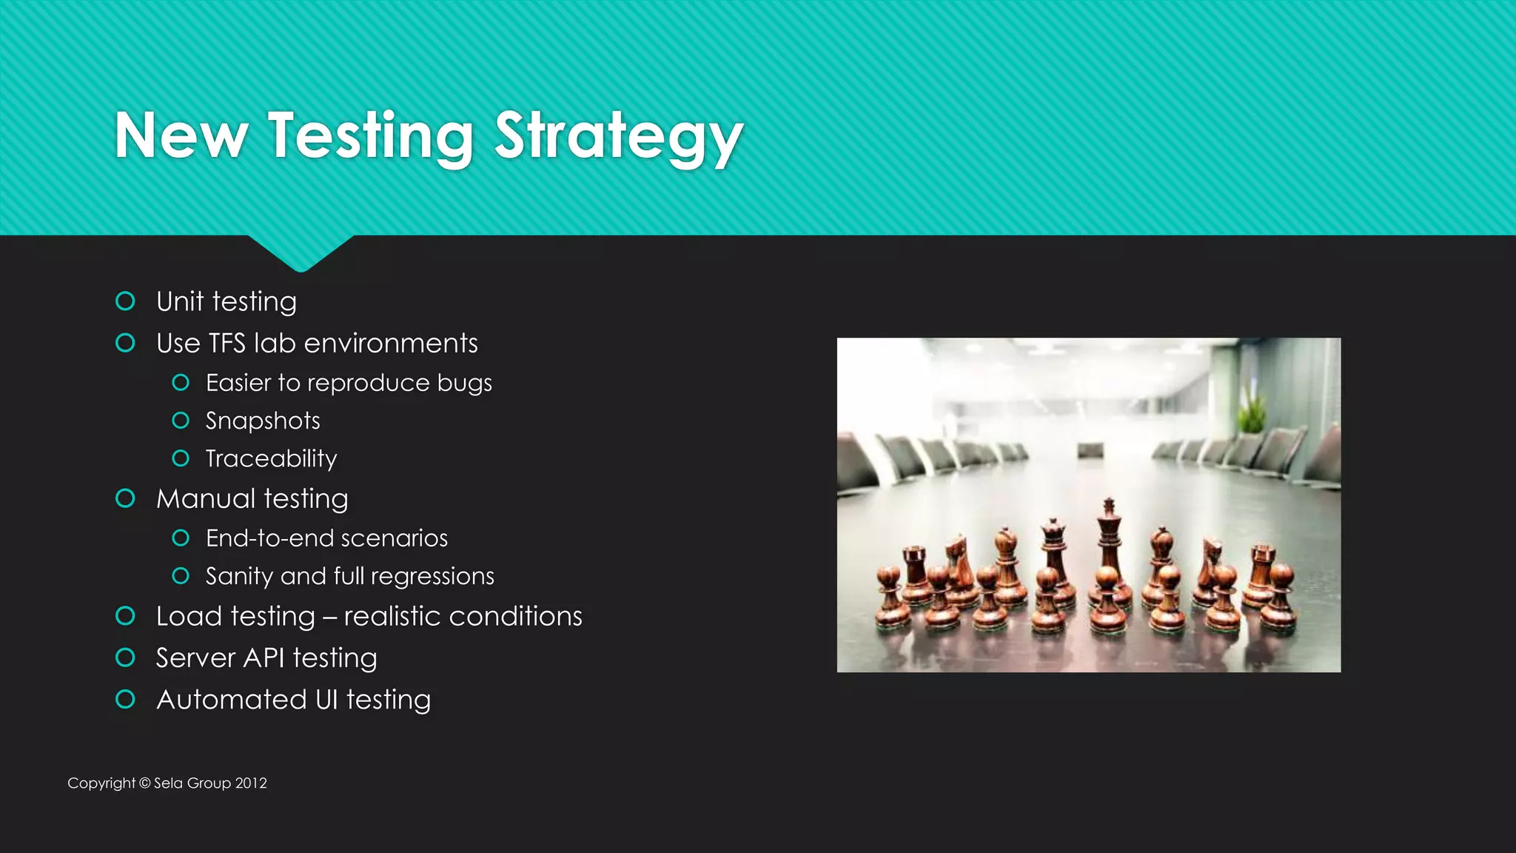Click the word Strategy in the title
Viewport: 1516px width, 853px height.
(x=618, y=137)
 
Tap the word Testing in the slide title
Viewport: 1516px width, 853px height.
(x=370, y=137)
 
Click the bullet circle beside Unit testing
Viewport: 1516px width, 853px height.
(x=126, y=301)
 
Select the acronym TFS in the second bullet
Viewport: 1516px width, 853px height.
(x=227, y=344)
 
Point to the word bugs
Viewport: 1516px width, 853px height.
(x=464, y=384)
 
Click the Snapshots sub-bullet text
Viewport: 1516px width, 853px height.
(x=263, y=421)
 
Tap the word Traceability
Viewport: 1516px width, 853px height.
(x=271, y=459)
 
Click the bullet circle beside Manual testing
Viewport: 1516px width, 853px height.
(x=126, y=498)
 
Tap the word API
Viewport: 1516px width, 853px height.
(x=264, y=658)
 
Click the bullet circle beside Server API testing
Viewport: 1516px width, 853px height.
(x=126, y=658)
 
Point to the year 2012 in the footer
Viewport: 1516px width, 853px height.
(x=251, y=783)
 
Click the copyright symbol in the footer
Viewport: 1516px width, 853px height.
(x=144, y=783)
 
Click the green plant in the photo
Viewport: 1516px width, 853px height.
(x=1250, y=411)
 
